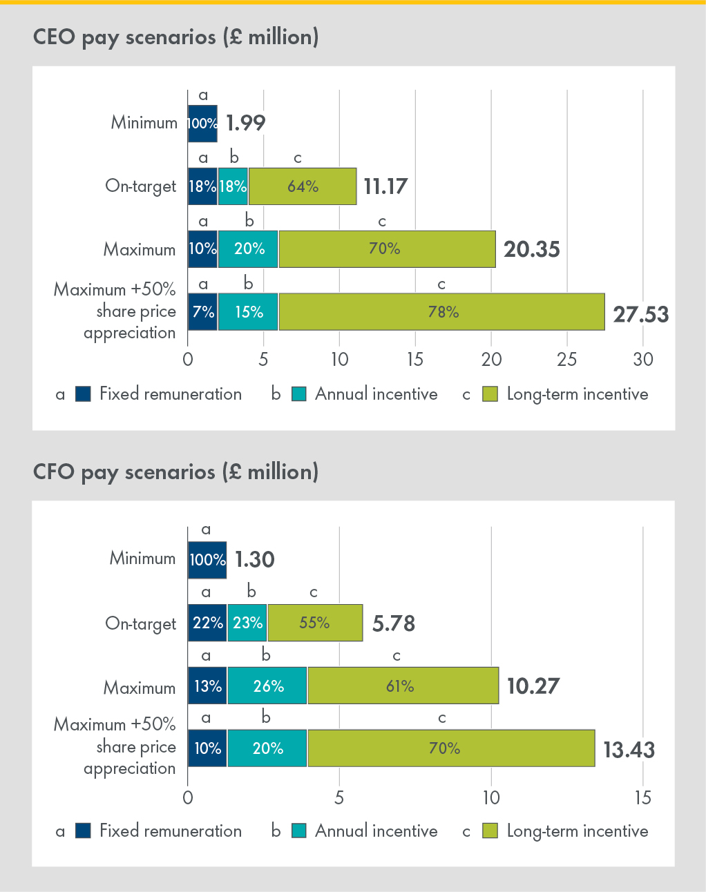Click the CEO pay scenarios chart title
(175, 37)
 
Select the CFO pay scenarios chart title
(175, 472)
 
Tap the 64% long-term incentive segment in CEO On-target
(303, 186)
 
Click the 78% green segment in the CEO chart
(442, 312)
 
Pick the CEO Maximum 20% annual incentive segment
(249, 249)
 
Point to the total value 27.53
(640, 315)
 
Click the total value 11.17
(385, 186)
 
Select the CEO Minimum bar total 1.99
(245, 123)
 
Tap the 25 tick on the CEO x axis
(566, 360)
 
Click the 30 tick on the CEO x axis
(642, 360)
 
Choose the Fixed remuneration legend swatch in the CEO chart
(83, 394)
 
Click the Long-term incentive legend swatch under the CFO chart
(490, 831)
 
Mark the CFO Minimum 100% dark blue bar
(207, 560)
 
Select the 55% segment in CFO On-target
(315, 623)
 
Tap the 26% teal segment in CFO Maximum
(268, 686)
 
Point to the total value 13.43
(629, 750)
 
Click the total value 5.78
(393, 623)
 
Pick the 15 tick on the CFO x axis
(642, 798)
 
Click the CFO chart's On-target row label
(140, 623)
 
